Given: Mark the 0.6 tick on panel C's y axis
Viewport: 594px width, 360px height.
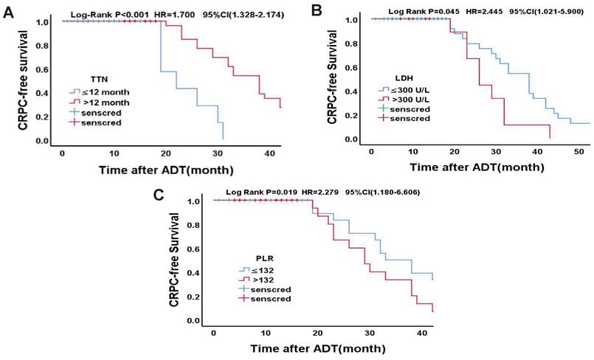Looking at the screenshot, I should pos(193,249).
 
